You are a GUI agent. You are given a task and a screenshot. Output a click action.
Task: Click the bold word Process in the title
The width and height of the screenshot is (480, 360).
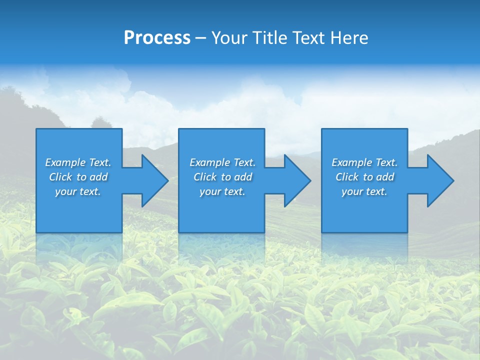[x=157, y=38]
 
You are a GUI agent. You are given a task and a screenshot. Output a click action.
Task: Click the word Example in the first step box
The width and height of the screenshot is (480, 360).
[x=65, y=162]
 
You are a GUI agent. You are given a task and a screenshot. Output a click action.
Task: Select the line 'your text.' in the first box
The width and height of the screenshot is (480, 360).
[x=78, y=191]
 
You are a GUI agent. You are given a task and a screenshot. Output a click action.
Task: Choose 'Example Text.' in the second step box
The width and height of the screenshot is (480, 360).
[x=222, y=162]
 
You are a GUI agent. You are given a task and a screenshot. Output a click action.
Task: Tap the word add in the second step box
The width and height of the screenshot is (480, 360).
[x=243, y=177]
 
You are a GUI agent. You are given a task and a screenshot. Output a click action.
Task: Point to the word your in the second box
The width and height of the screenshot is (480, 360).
[x=210, y=191]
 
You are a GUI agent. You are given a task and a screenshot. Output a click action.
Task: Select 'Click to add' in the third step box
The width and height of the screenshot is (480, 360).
[x=364, y=177]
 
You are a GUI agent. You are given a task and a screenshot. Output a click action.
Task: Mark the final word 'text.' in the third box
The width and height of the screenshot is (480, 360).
[x=376, y=191]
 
